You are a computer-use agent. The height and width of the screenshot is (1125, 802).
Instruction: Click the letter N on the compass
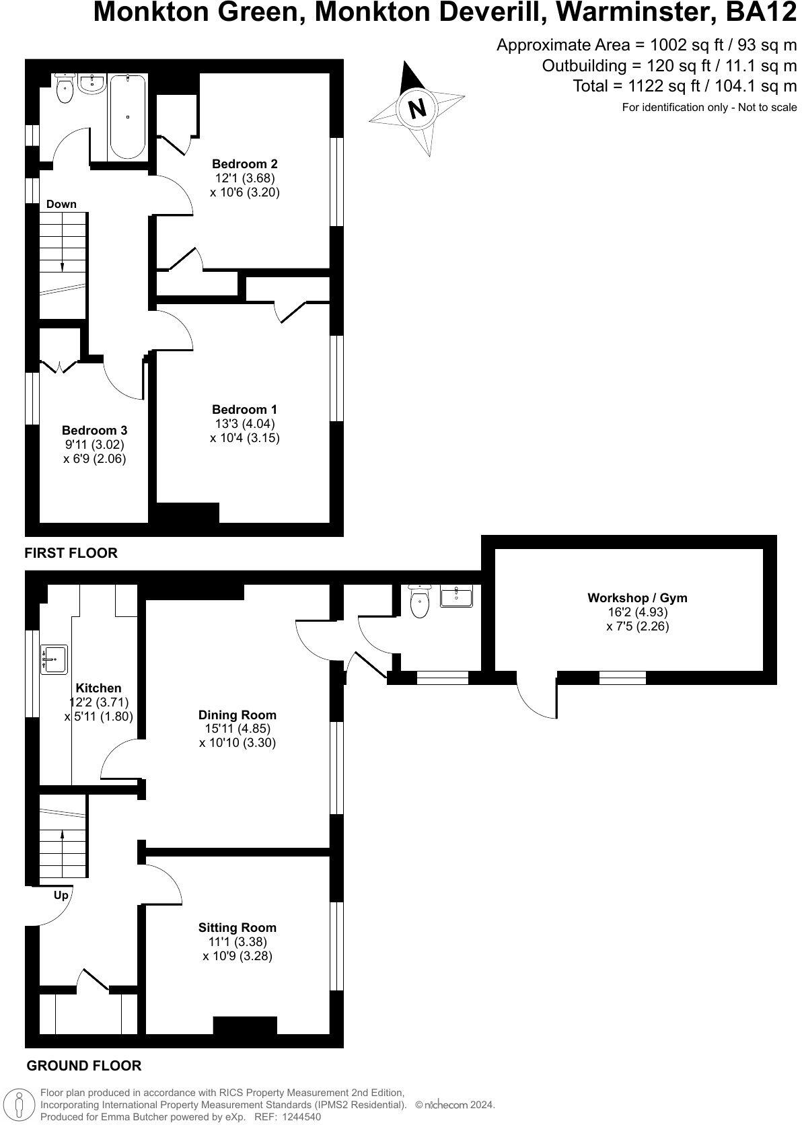[418, 108]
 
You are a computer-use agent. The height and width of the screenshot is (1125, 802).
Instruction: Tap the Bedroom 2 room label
[245, 164]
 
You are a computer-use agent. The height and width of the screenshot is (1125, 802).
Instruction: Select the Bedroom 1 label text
[244, 409]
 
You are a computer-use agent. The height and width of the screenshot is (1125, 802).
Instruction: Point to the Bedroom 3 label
[94, 430]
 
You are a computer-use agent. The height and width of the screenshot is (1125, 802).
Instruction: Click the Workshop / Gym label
[637, 597]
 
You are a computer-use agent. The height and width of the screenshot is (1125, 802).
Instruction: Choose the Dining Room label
[238, 715]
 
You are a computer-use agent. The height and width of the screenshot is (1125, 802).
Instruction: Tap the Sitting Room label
[238, 927]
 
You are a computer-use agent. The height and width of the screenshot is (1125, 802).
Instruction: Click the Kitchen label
[98, 688]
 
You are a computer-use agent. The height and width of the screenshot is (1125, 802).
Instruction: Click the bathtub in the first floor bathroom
[127, 116]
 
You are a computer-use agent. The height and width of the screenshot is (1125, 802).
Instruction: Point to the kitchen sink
[54, 659]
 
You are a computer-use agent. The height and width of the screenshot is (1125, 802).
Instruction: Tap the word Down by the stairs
[61, 204]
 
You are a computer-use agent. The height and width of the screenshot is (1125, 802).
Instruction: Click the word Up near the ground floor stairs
[61, 896]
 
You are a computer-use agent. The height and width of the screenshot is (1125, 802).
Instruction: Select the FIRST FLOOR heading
[71, 553]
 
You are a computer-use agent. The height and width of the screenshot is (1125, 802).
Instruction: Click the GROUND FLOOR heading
[83, 1066]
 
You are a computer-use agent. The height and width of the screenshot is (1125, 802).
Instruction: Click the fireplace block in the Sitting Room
[245, 1025]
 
